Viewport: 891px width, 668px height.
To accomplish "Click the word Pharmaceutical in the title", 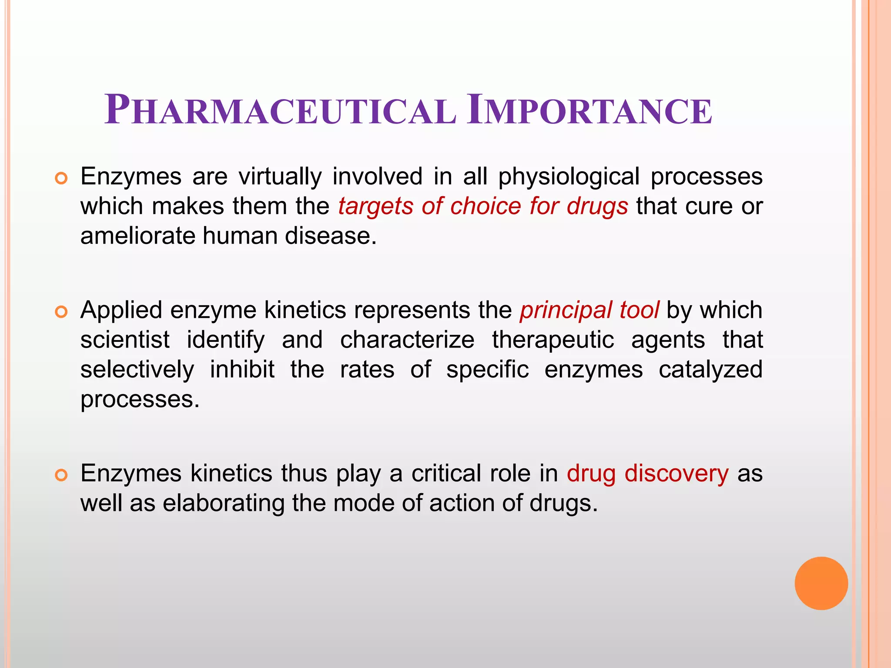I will point(280,110).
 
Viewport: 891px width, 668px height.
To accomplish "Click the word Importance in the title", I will point(590,110).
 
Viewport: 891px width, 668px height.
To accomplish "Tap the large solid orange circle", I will point(821,583).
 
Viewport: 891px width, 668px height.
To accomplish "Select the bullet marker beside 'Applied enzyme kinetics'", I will point(61,312).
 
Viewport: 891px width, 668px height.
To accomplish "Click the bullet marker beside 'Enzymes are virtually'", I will point(61,178).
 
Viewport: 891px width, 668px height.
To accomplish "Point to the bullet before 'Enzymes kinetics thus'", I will point(61,475).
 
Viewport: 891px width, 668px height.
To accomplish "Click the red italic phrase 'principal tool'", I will point(590,311).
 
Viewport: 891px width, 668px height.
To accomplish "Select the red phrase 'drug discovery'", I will point(647,473).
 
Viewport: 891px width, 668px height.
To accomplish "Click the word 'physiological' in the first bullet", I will point(569,177).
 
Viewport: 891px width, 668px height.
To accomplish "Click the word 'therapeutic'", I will point(553,340).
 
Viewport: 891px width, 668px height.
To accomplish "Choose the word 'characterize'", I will point(407,340).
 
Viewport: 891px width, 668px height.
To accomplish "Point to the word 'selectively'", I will point(137,370).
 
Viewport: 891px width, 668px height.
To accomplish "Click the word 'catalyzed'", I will point(710,370).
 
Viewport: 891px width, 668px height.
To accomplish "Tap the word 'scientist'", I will point(125,340).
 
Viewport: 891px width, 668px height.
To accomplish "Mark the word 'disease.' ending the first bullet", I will point(331,236).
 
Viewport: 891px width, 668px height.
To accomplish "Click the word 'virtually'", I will point(280,177).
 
